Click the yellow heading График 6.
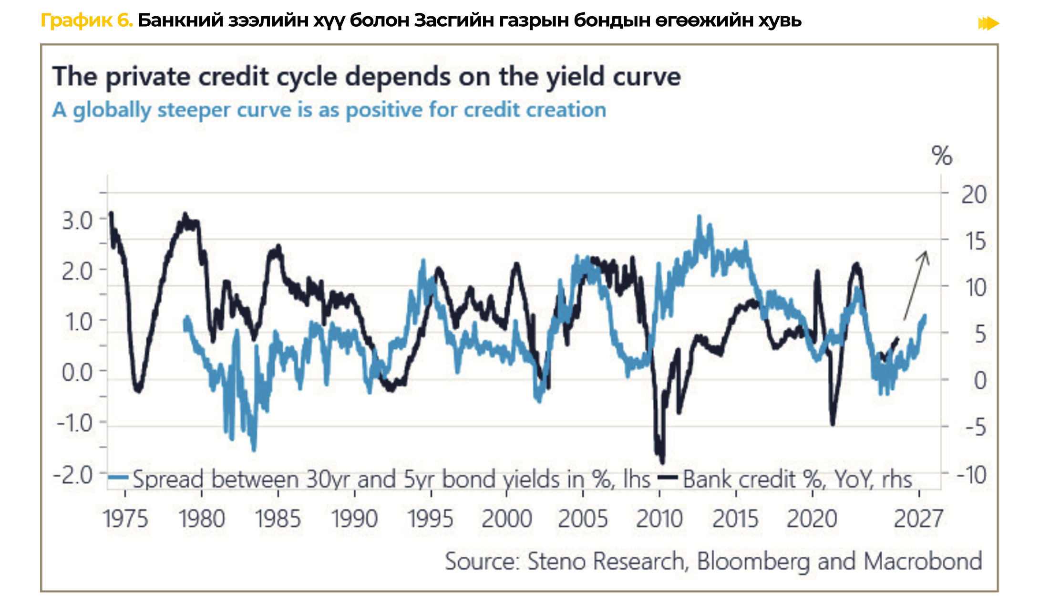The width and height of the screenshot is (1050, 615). point(87,21)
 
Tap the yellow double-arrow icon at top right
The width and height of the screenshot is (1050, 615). point(988,23)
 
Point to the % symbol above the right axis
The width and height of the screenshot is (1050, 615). point(941,156)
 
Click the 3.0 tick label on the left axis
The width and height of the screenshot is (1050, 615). point(77,221)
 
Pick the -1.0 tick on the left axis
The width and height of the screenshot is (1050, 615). point(75,423)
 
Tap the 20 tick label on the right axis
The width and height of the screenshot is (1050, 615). point(973,195)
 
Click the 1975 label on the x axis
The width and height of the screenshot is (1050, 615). point(125,519)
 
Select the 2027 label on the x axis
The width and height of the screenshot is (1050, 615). point(918,519)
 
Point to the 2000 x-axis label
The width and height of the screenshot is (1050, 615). point(506,519)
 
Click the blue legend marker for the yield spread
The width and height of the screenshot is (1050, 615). point(118,478)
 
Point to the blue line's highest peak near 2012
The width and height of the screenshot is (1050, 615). point(700,217)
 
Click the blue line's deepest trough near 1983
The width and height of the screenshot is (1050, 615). point(254,448)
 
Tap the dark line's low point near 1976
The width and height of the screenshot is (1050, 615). point(138,390)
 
